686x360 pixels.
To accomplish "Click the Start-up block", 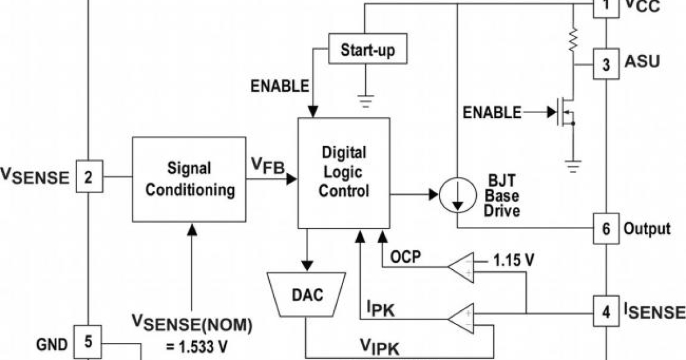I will (369, 50).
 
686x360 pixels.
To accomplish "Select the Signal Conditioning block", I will (189, 179).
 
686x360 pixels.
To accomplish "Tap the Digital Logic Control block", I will (344, 173).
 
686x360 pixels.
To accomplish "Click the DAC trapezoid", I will (307, 295).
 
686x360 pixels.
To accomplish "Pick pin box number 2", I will (89, 178).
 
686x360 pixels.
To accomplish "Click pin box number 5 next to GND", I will (89, 342).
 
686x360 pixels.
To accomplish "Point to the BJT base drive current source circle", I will (457, 195).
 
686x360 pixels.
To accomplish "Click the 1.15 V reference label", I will (514, 261).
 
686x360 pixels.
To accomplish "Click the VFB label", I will (268, 166).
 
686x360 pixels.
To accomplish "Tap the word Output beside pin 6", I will (647, 229).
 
